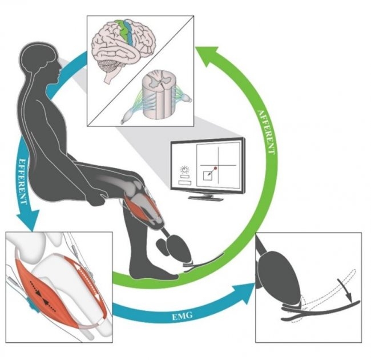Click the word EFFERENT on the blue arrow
[22, 181]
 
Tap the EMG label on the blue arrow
[182, 315]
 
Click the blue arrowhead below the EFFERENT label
[28, 219]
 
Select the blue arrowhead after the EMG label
[245, 293]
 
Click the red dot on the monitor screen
[215, 168]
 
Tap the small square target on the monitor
[208, 176]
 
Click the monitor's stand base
[205, 198]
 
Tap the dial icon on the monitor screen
[185, 170]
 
